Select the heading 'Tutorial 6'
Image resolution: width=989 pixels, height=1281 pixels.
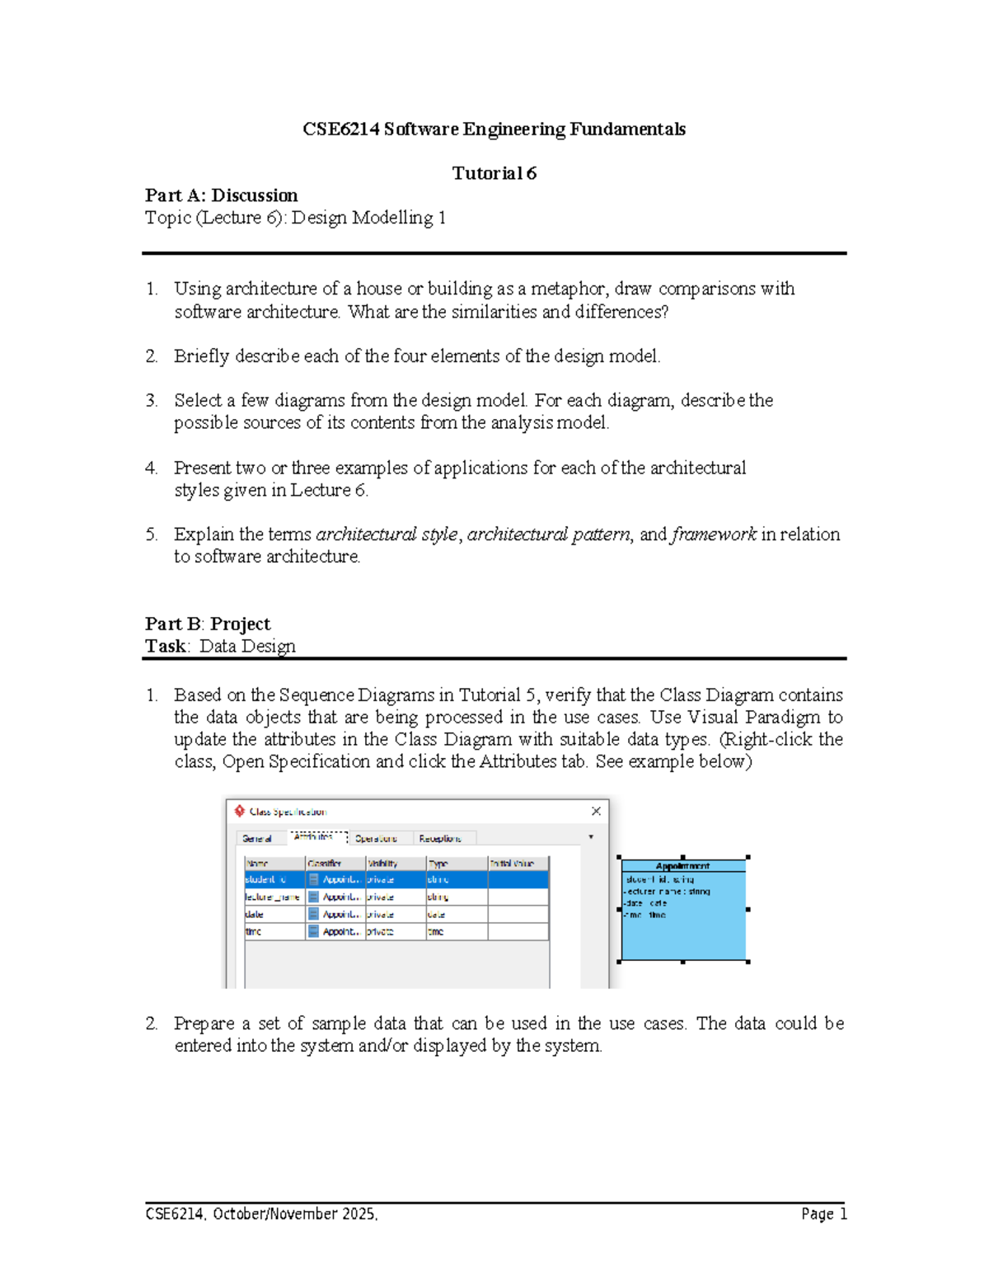pos(494,173)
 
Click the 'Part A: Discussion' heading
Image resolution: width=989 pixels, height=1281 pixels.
pos(221,195)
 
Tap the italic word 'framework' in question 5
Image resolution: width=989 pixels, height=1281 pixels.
pos(714,535)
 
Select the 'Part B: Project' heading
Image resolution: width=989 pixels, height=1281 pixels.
pos(208,624)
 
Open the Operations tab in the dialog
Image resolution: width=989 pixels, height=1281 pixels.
pos(376,838)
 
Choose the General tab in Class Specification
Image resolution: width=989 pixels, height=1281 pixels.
pos(256,838)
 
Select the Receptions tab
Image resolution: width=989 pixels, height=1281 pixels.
pos(440,838)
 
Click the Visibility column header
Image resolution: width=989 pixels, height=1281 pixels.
pos(383,863)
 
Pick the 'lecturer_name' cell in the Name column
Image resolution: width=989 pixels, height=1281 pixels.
pos(273,897)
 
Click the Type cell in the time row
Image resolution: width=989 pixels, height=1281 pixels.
pos(456,931)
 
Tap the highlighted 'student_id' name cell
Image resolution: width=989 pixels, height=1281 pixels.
pos(273,879)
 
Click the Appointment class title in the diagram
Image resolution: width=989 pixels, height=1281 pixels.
pos(682,866)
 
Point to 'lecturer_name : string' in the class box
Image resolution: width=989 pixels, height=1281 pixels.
pos(668,892)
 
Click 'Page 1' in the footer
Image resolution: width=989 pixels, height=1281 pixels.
pos(823,1213)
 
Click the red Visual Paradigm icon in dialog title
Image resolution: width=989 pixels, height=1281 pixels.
pos(240,811)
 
